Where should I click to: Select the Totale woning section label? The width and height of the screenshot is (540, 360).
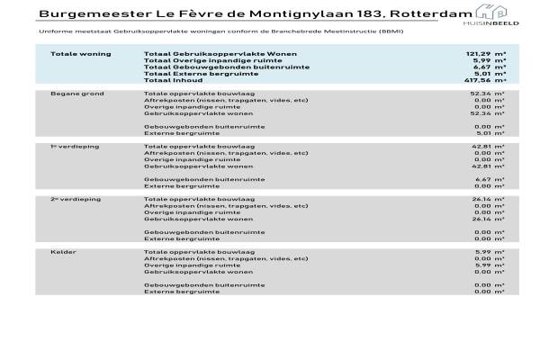pyautogui.click(x=81, y=54)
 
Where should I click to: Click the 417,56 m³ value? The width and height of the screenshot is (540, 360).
pyautogui.click(x=485, y=80)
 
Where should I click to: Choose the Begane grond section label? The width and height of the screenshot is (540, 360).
pyautogui.click(x=77, y=94)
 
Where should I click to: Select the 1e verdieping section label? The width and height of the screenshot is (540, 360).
pyautogui.click(x=76, y=146)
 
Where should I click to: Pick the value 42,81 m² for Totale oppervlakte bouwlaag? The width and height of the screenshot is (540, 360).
pyautogui.click(x=490, y=146)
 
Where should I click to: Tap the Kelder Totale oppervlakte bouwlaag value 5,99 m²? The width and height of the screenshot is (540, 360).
pyautogui.click(x=491, y=251)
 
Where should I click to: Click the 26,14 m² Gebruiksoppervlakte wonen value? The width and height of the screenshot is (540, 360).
pyautogui.click(x=490, y=219)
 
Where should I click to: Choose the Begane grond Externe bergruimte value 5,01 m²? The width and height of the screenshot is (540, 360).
pyautogui.click(x=491, y=133)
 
